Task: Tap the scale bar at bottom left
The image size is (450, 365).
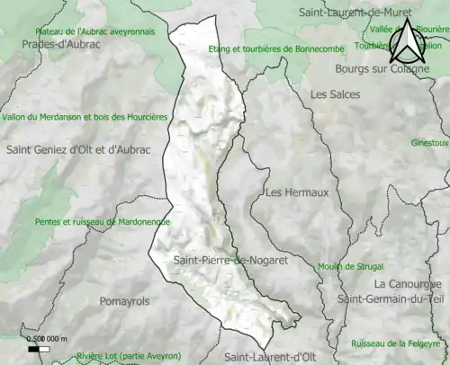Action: click(x=41, y=346)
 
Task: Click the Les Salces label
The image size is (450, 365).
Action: click(x=335, y=93)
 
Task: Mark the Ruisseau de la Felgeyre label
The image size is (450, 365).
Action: click(x=389, y=343)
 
